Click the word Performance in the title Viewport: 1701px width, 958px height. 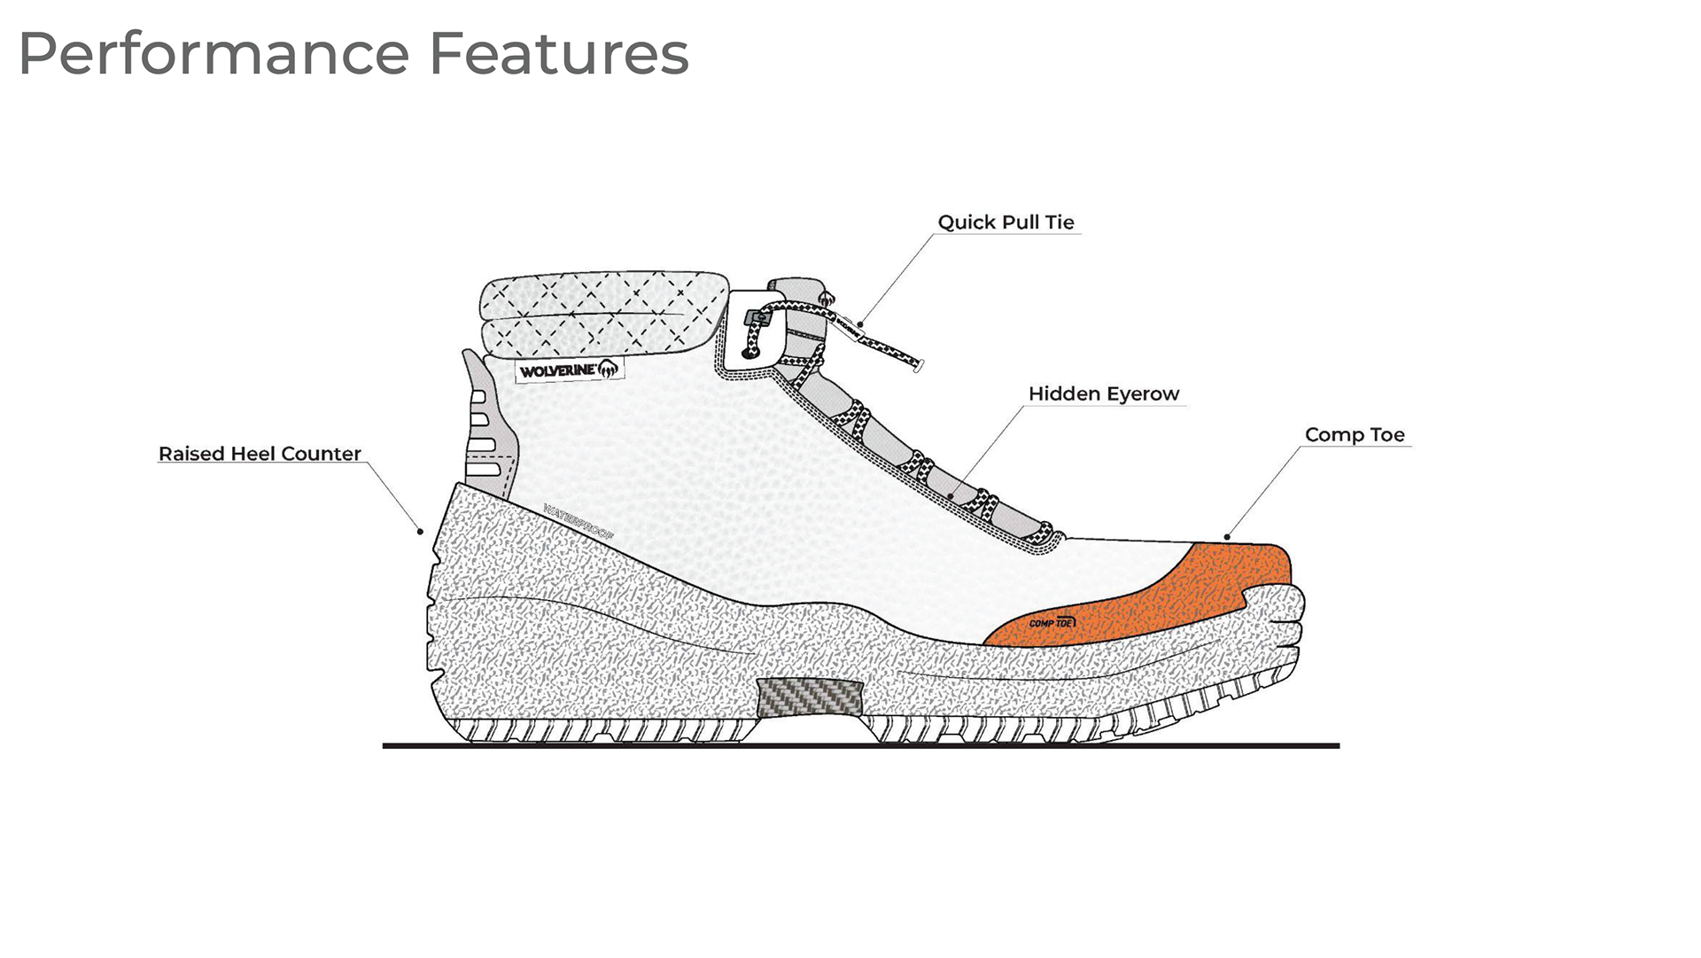click(x=214, y=55)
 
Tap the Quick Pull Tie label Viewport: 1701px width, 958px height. click(x=1006, y=222)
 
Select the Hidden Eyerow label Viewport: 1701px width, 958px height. click(x=1103, y=394)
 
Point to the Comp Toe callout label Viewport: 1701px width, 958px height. click(x=1354, y=435)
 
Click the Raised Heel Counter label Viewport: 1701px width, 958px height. click(x=260, y=454)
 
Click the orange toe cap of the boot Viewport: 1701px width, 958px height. click(x=1178, y=594)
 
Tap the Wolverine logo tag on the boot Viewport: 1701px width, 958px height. click(x=570, y=370)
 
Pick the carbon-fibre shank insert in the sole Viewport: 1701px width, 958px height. click(x=810, y=697)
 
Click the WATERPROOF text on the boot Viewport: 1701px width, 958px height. click(x=579, y=523)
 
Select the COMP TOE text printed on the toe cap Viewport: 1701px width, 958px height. click(x=1052, y=623)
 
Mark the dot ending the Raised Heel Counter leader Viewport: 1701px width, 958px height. click(x=421, y=532)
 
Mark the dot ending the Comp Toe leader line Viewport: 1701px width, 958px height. click(x=1227, y=536)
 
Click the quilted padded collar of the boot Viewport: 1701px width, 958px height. click(x=602, y=315)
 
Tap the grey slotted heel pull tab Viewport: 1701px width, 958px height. click(x=487, y=421)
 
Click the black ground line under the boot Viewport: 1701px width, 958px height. click(x=859, y=746)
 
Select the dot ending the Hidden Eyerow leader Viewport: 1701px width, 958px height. click(x=951, y=496)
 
